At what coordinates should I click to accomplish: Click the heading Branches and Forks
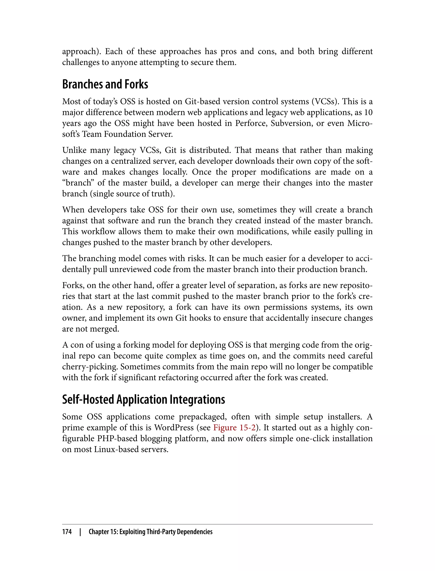point(105,84)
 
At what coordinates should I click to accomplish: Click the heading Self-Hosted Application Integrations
point(143,400)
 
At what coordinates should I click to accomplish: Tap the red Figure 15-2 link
point(234,428)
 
